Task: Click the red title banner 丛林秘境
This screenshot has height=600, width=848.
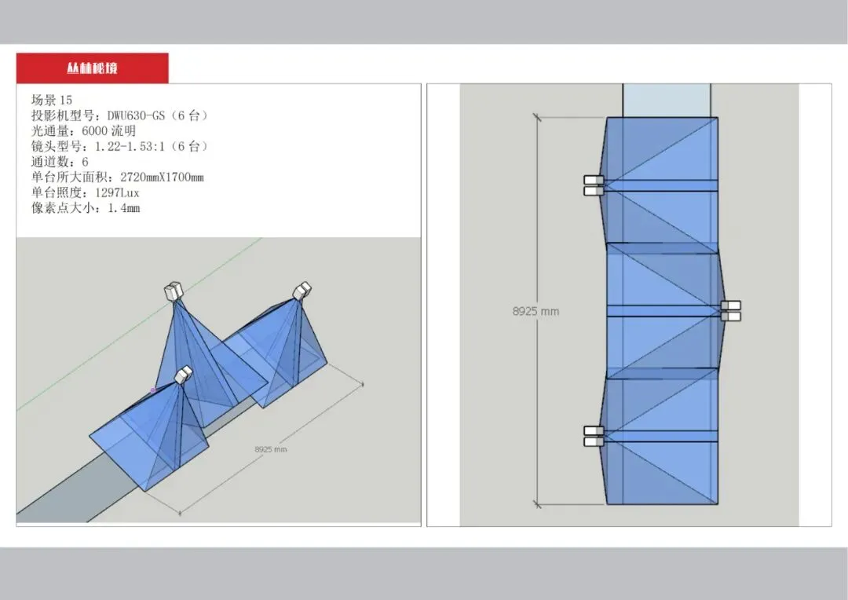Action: tap(92, 68)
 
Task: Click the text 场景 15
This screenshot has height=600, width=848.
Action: tap(51, 100)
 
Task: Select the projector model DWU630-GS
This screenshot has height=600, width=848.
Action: tap(136, 115)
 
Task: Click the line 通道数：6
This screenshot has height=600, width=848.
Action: tap(60, 162)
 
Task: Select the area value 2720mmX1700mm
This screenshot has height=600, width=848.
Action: tap(162, 177)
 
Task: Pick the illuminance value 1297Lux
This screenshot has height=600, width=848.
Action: tap(117, 192)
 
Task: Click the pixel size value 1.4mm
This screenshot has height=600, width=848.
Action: tap(124, 208)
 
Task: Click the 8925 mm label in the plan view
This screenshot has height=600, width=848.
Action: tap(535, 311)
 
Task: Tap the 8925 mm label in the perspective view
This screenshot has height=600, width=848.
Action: tap(270, 449)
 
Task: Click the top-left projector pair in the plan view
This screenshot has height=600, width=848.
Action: tap(594, 185)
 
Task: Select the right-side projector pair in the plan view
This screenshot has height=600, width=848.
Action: tap(731, 311)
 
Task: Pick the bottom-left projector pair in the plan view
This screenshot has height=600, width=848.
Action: tap(594, 436)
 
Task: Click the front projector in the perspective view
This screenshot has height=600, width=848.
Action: tap(183, 375)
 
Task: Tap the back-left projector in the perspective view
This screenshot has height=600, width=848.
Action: tap(174, 291)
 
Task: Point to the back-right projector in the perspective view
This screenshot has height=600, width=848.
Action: tap(302, 291)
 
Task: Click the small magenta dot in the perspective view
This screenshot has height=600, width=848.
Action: tap(153, 390)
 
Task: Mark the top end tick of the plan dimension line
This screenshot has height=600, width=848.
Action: tap(537, 117)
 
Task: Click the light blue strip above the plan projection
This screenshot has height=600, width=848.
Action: tap(667, 100)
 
